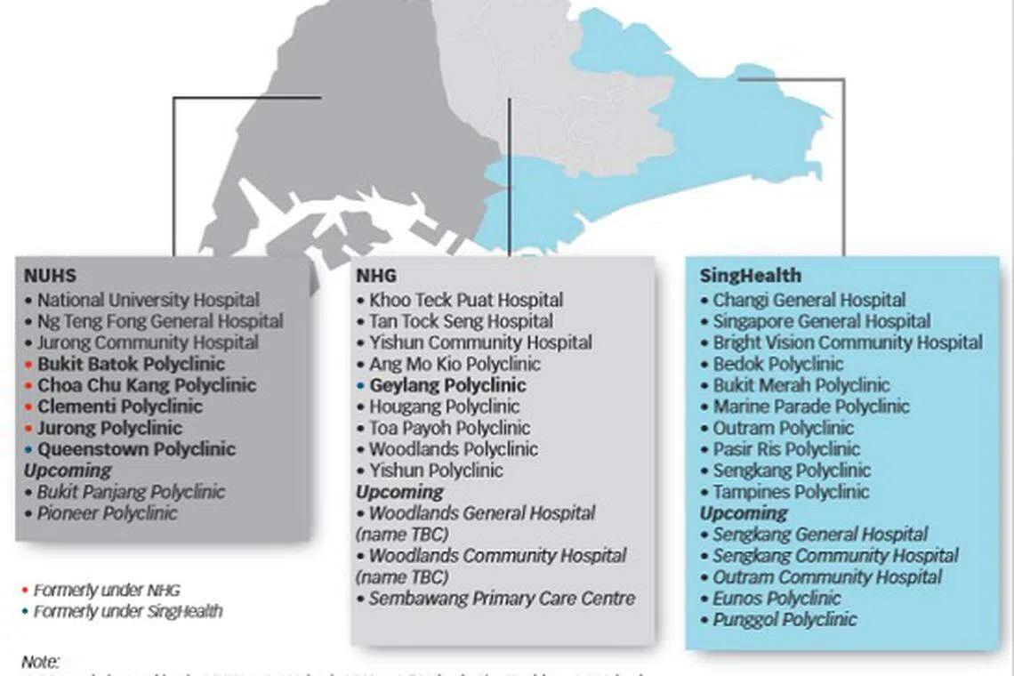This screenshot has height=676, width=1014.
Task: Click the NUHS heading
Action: pos(50,277)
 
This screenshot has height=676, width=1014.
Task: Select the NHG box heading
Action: pos(376,277)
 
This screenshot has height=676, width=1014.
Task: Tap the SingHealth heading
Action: pos(750,276)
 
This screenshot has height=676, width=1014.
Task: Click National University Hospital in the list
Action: pos(149,301)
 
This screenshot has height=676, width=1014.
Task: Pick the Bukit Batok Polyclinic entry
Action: pos(131,365)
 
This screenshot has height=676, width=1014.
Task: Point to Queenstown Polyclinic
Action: pos(136,449)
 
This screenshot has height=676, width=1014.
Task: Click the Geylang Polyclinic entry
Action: pos(447,386)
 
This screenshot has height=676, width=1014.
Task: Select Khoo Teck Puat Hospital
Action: pos(466,301)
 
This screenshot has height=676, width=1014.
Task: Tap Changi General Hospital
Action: pos(809,301)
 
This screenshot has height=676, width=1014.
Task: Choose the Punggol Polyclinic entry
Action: pos(785,620)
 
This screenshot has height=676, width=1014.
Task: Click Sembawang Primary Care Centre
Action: pos(502,599)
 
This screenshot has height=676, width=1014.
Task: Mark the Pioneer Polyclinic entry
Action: pos(107,513)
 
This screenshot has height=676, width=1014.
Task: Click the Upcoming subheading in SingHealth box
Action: pos(744,513)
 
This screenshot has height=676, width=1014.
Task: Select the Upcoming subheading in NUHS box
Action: pos(68,471)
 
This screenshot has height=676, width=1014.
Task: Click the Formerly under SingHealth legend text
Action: pos(128,612)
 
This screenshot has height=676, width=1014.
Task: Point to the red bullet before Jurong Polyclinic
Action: pos(29,429)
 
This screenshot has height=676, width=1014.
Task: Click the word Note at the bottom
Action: pos(40,662)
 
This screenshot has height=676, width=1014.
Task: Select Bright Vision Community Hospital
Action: pos(848,343)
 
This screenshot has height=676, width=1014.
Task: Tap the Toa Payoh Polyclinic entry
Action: pos(449,429)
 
